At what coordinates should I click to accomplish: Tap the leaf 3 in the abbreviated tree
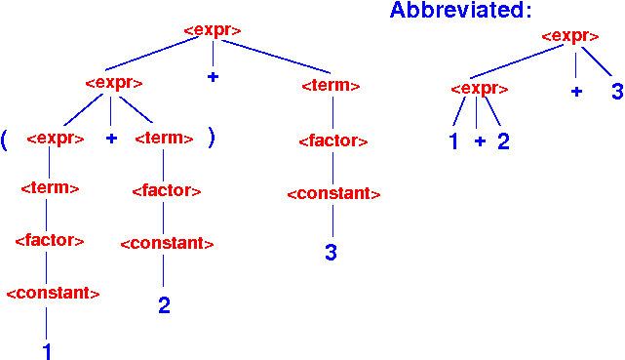[x=616, y=92]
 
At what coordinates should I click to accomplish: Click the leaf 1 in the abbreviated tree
[x=453, y=141]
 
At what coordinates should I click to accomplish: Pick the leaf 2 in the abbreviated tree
[x=503, y=141]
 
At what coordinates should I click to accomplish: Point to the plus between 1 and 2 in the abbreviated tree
[x=479, y=141]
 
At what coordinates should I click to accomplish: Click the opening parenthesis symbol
[x=5, y=139]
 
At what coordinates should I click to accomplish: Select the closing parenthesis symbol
[x=211, y=138]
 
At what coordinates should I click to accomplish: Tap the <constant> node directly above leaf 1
[x=53, y=293]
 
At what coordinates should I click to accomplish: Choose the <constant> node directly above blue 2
[x=167, y=242]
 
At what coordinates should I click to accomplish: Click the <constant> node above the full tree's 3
[x=333, y=193]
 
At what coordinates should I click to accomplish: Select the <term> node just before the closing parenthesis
[x=164, y=139]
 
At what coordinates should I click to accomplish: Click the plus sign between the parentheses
[x=111, y=139]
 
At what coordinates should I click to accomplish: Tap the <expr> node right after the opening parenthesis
[x=53, y=139]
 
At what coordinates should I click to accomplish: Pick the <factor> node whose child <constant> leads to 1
[x=49, y=240]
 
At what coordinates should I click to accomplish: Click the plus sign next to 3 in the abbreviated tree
[x=576, y=91]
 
